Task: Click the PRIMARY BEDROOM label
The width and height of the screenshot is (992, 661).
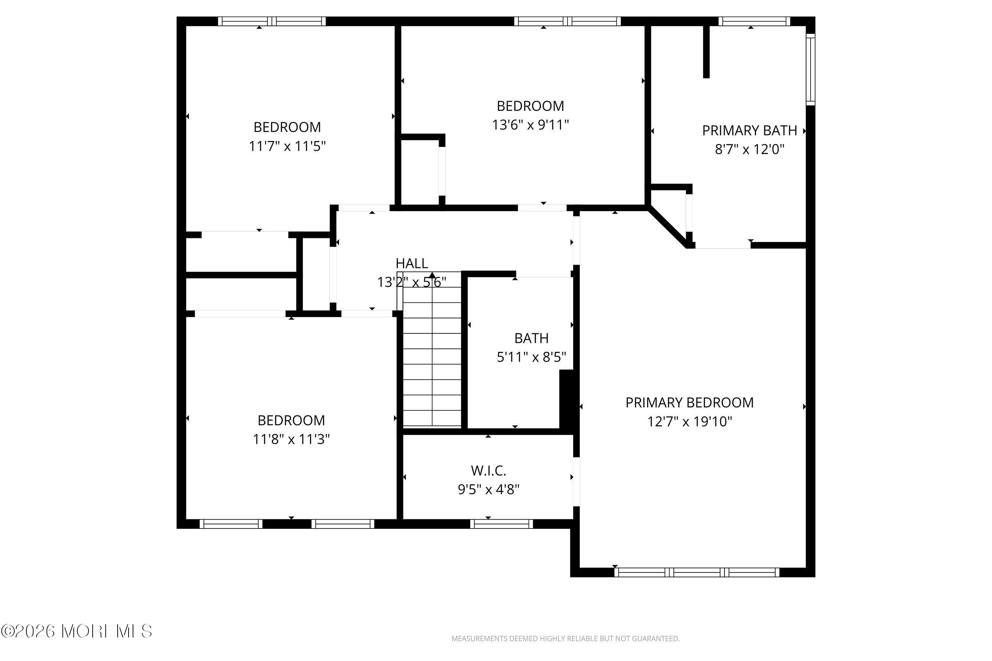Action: (689, 402)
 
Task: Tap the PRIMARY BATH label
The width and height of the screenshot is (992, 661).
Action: (750, 131)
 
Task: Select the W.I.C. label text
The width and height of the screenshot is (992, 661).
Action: (488, 470)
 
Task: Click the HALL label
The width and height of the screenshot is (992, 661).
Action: (411, 263)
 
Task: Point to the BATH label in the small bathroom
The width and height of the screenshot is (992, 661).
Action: (531, 338)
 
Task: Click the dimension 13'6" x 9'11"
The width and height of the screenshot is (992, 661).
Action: (531, 125)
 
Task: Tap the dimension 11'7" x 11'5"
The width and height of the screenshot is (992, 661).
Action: (287, 146)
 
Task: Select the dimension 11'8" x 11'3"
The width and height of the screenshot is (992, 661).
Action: (291, 439)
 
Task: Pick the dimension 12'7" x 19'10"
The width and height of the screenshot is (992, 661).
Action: (690, 422)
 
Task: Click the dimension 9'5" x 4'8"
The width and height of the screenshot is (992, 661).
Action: (488, 490)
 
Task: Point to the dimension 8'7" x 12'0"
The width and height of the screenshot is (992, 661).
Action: (750, 149)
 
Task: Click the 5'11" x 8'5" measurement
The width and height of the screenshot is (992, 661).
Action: (531, 357)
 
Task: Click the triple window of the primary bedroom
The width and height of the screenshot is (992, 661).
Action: (697, 572)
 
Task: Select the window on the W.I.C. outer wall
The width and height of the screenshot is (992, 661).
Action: (502, 524)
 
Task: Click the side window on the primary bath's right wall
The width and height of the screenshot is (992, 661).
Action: (811, 69)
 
